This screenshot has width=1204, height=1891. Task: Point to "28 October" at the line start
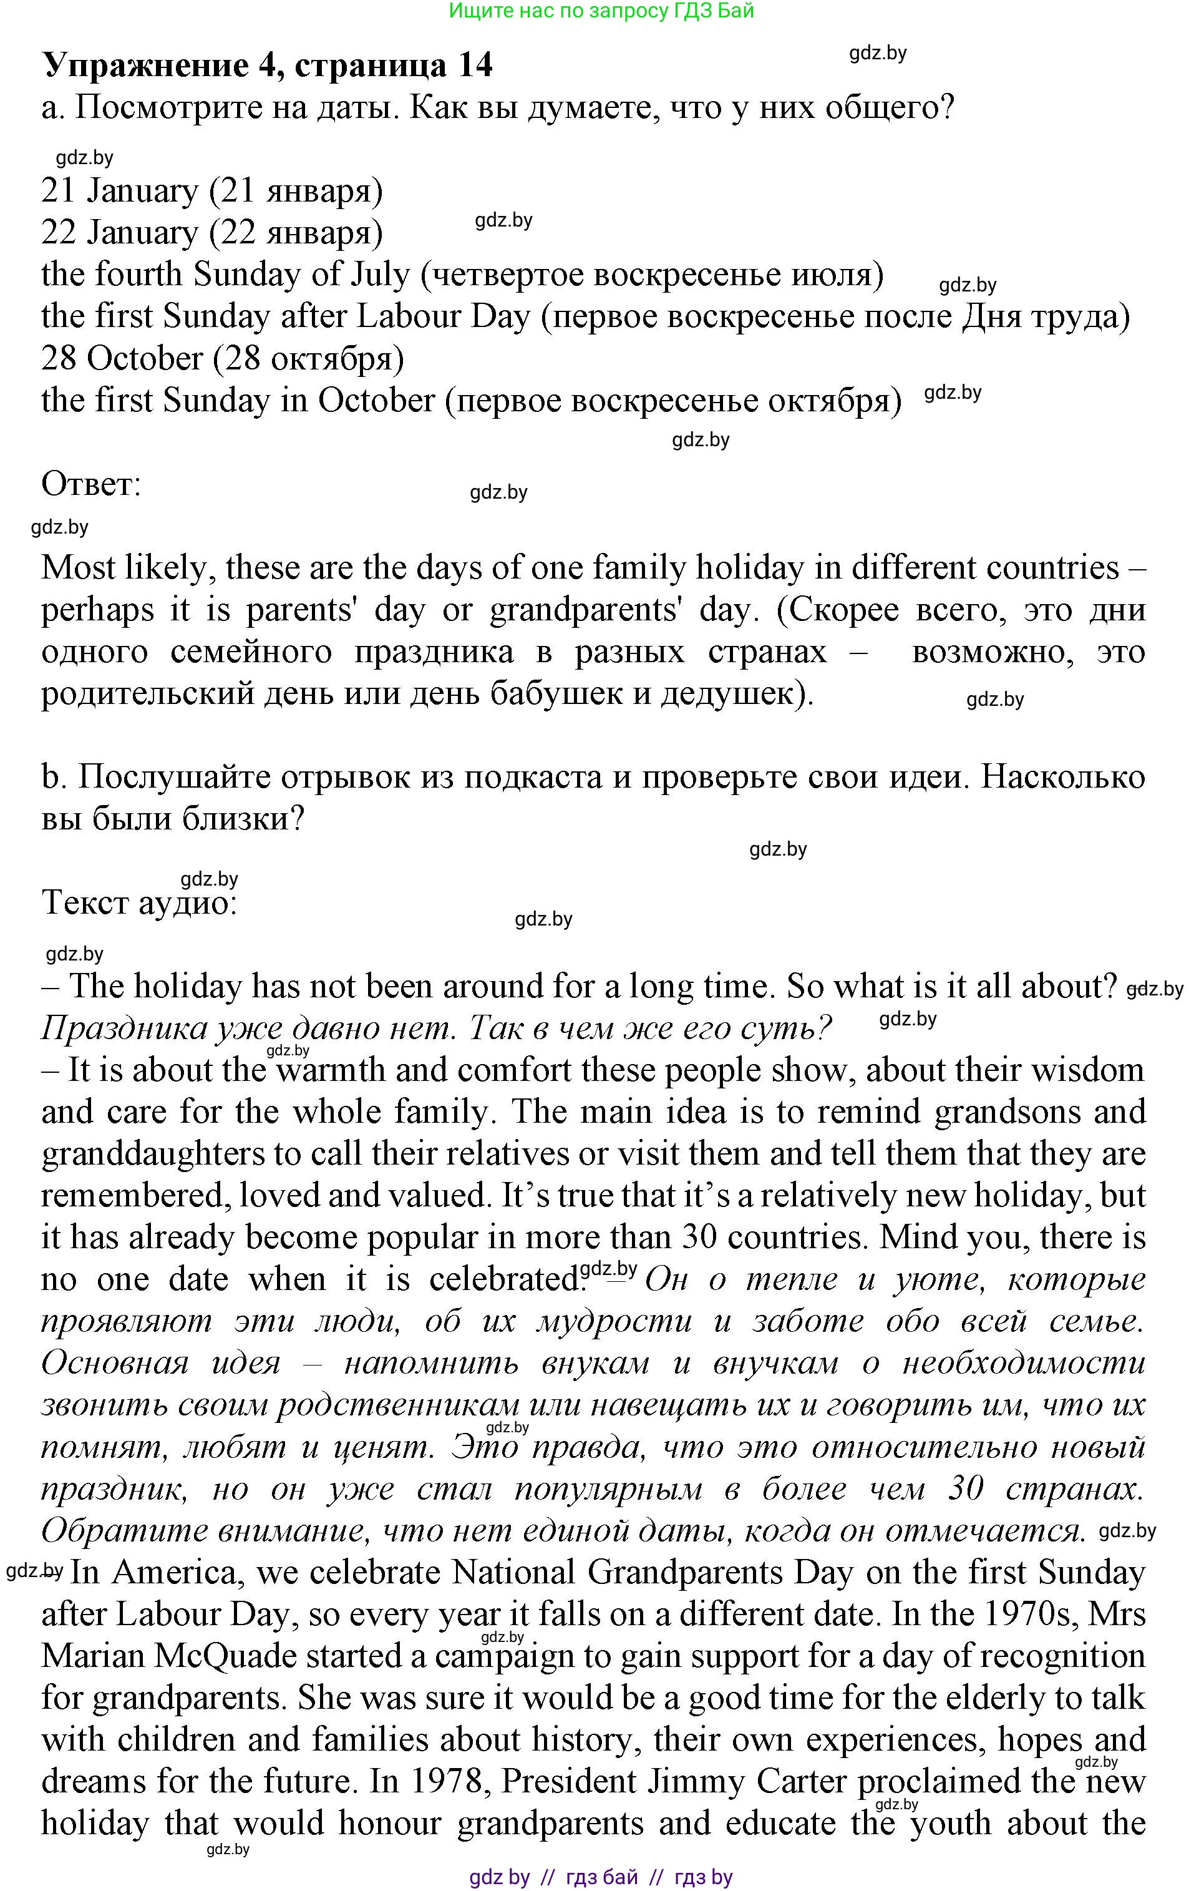pos(122,359)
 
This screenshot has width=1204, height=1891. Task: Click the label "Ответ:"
pos(91,484)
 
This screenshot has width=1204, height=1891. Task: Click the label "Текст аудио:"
pos(139,903)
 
